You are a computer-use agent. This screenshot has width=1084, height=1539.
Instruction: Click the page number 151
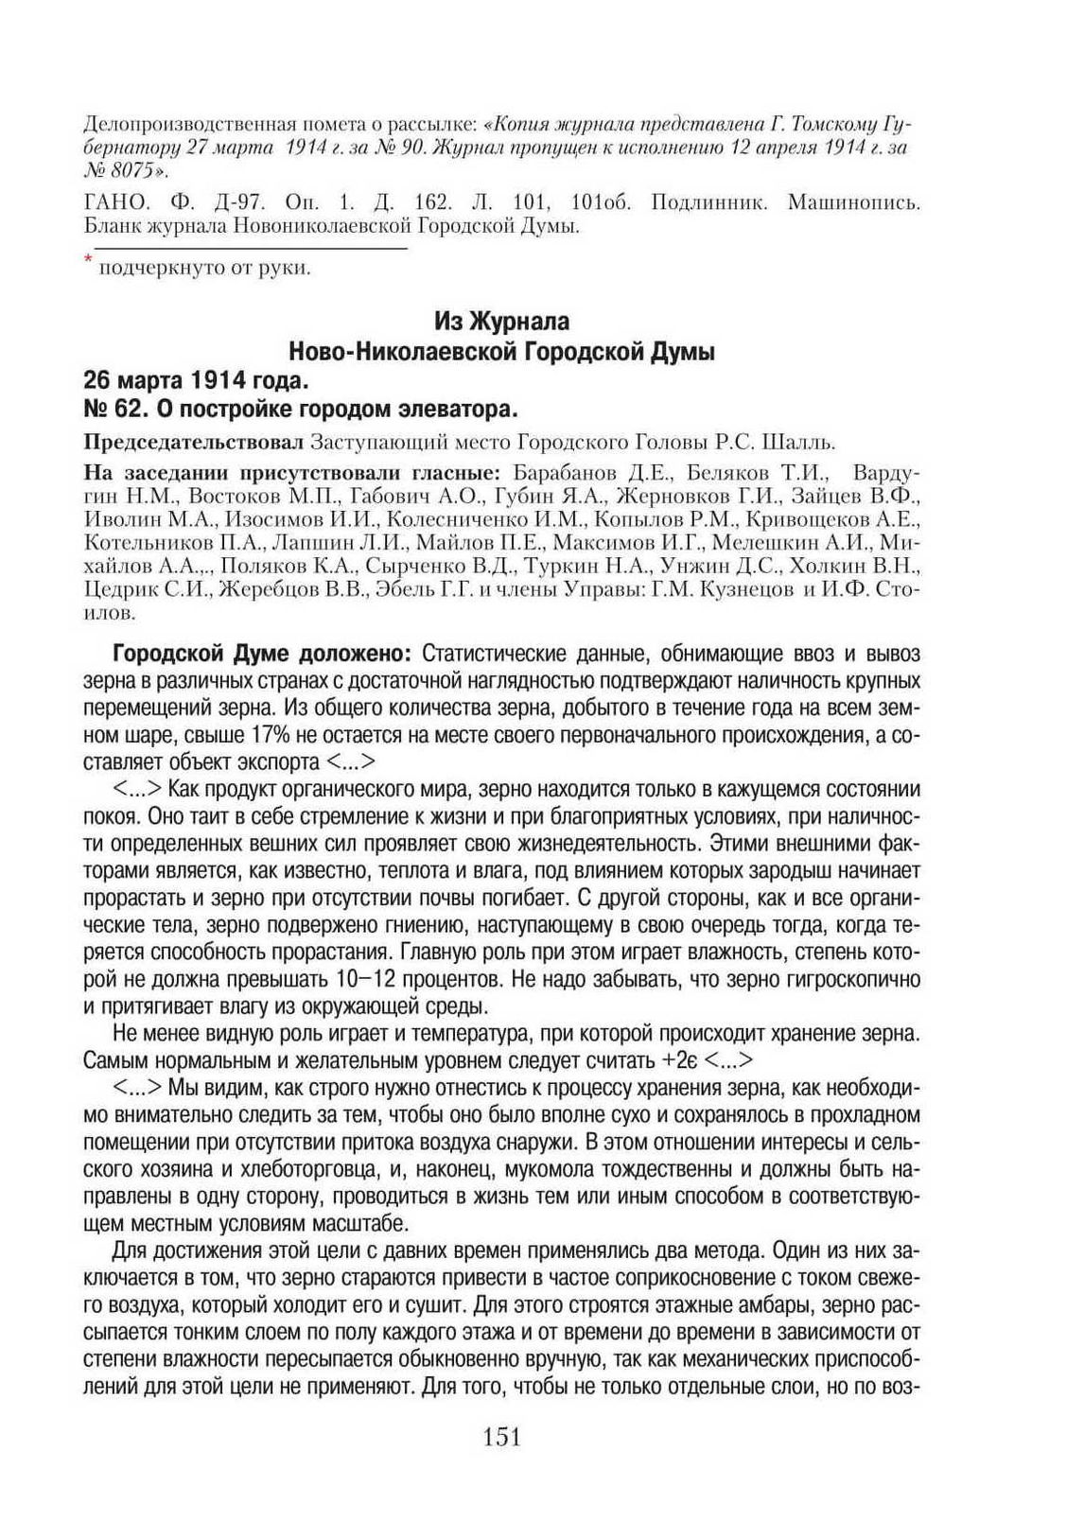tap(502, 1438)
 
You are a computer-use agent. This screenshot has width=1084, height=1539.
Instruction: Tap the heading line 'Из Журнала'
tap(501, 322)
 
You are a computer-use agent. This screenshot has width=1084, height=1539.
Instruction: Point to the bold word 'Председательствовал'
tap(194, 442)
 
